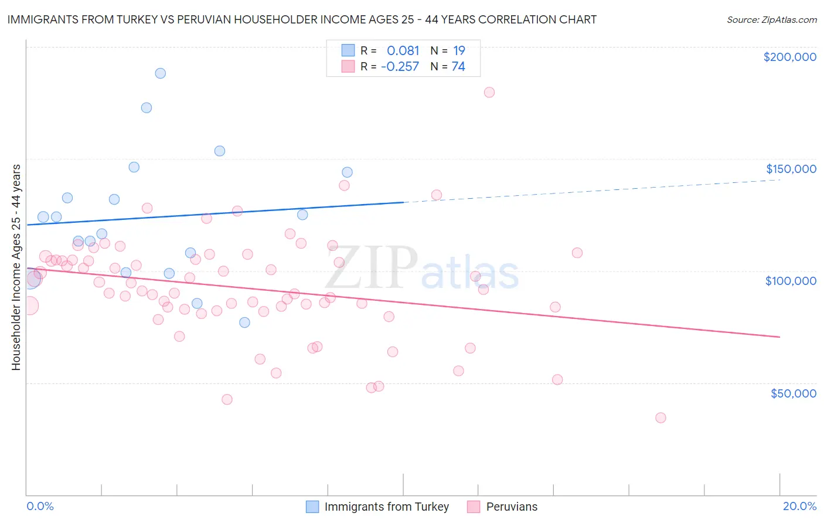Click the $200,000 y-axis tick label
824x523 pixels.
point(789,57)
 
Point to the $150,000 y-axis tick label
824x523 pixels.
point(791,169)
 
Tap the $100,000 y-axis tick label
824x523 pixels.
point(791,281)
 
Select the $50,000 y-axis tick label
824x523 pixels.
point(793,393)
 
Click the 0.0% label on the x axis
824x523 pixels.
point(40,506)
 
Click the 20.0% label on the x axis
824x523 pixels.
point(799,506)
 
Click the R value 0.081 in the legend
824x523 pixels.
point(403,50)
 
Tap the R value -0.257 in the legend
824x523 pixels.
point(400,67)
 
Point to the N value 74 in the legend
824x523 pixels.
point(458,67)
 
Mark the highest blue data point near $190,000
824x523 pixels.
point(160,73)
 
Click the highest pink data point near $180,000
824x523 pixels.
point(489,92)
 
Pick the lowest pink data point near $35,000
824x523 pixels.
point(660,418)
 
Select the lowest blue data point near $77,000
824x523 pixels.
point(244,322)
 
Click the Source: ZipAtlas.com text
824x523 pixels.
point(771,20)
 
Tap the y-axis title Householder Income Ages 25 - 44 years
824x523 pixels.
point(16,267)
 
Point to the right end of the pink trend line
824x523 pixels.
point(779,337)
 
